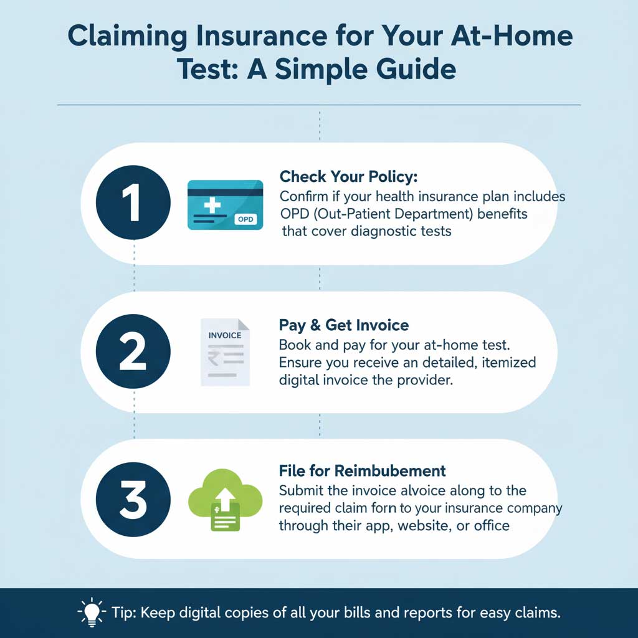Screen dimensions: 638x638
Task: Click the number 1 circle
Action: click(134, 202)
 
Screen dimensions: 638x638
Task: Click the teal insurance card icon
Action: click(225, 205)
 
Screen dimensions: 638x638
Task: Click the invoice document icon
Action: click(225, 351)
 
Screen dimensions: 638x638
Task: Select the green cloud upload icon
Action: click(224, 498)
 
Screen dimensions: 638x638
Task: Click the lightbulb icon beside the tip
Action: click(92, 612)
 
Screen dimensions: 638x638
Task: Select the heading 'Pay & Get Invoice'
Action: click(344, 325)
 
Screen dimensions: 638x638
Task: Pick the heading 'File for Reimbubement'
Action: click(362, 470)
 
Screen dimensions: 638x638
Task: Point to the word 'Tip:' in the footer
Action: click(125, 612)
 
